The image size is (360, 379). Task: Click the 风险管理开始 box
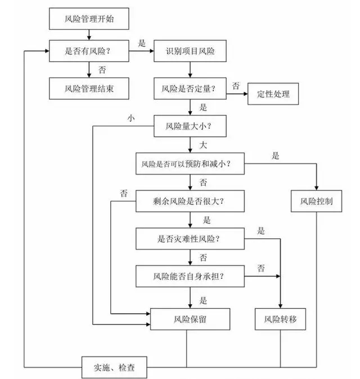(x=91, y=20)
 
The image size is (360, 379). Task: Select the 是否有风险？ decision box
(x=91, y=51)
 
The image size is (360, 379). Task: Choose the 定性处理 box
(x=272, y=94)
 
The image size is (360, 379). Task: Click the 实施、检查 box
(x=115, y=368)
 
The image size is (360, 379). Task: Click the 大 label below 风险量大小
(x=204, y=145)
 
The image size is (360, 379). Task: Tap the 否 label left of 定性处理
(x=236, y=86)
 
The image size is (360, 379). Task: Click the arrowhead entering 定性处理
(x=246, y=94)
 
